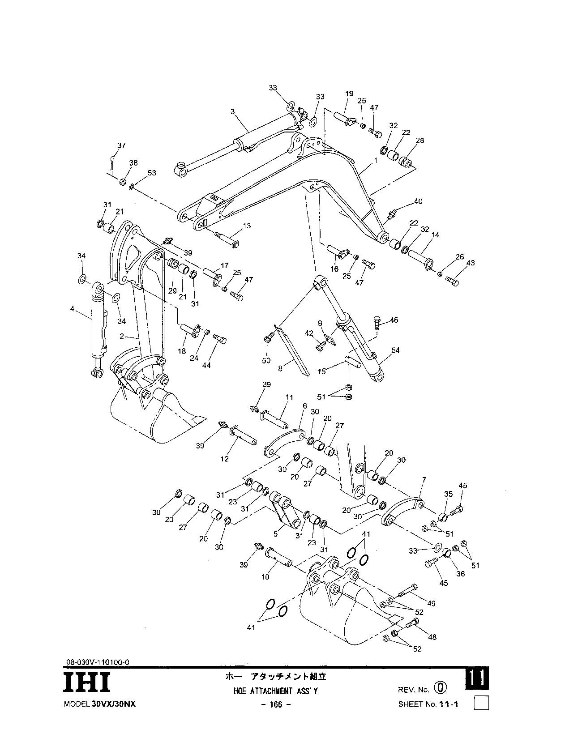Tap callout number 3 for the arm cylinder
click(x=233, y=111)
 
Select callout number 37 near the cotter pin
click(x=121, y=145)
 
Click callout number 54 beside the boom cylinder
click(x=395, y=350)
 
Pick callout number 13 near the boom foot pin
click(x=247, y=226)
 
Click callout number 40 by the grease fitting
click(x=418, y=201)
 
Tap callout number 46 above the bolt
click(x=394, y=320)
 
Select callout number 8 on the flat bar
click(x=280, y=369)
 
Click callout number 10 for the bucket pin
click(x=265, y=577)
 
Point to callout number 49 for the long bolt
click(x=431, y=603)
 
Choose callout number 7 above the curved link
click(x=424, y=480)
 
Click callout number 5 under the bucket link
click(x=276, y=534)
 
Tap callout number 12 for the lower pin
click(x=224, y=459)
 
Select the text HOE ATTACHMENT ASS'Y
click(x=275, y=691)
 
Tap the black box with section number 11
click(x=477, y=679)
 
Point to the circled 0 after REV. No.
click(x=440, y=688)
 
